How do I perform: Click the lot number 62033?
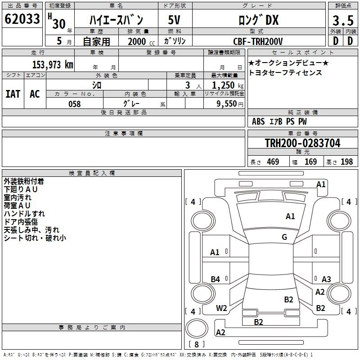click(x=22, y=19)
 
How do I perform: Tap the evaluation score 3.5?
click(x=343, y=20)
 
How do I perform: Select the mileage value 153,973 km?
click(x=53, y=64)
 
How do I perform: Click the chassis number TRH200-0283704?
click(x=302, y=143)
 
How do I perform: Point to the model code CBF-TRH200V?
click(x=258, y=41)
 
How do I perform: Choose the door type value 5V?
click(x=174, y=20)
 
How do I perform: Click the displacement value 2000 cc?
click(x=141, y=41)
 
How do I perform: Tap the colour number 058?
click(x=75, y=104)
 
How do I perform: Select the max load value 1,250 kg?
click(x=228, y=85)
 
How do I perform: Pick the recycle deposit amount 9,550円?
click(x=230, y=104)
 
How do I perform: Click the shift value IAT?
click(x=13, y=94)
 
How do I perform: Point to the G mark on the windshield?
click(x=284, y=237)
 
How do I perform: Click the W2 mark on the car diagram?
click(x=221, y=308)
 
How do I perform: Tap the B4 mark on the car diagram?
click(x=216, y=279)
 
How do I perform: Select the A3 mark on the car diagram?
click(x=326, y=279)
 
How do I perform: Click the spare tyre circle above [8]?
click(x=197, y=328)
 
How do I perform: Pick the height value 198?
click(x=346, y=162)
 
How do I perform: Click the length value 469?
click(x=273, y=162)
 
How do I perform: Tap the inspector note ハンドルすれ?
click(x=24, y=214)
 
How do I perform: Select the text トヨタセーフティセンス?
click(x=285, y=72)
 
